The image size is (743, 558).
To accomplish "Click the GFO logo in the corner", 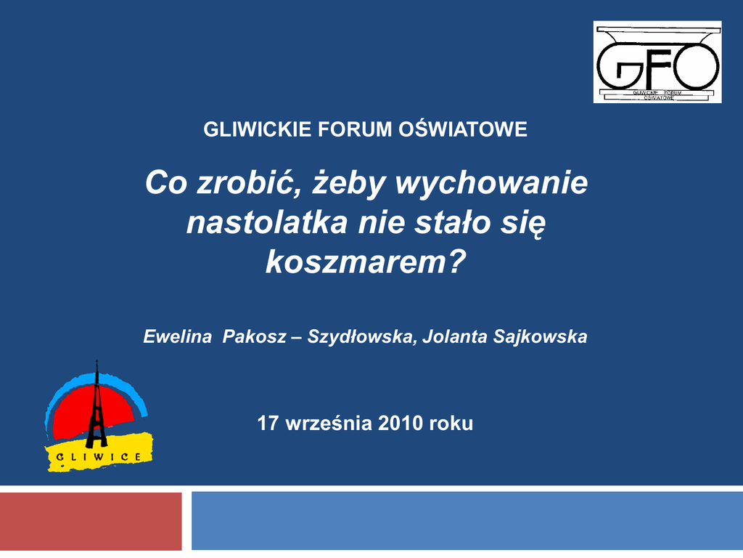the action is [657, 62].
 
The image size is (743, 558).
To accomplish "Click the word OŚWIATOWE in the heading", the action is [463, 129].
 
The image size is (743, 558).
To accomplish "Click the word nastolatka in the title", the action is [267, 222].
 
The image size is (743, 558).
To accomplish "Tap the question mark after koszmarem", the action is [456, 261].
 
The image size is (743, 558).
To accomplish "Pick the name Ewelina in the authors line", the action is [177, 336].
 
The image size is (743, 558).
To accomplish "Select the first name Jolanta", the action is [455, 336].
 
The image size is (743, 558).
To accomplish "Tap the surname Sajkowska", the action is [540, 337].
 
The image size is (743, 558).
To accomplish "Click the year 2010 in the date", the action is [400, 424].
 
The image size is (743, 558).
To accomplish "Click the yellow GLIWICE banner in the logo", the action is [99, 453].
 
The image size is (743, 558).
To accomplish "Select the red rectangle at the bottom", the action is [91, 521].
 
